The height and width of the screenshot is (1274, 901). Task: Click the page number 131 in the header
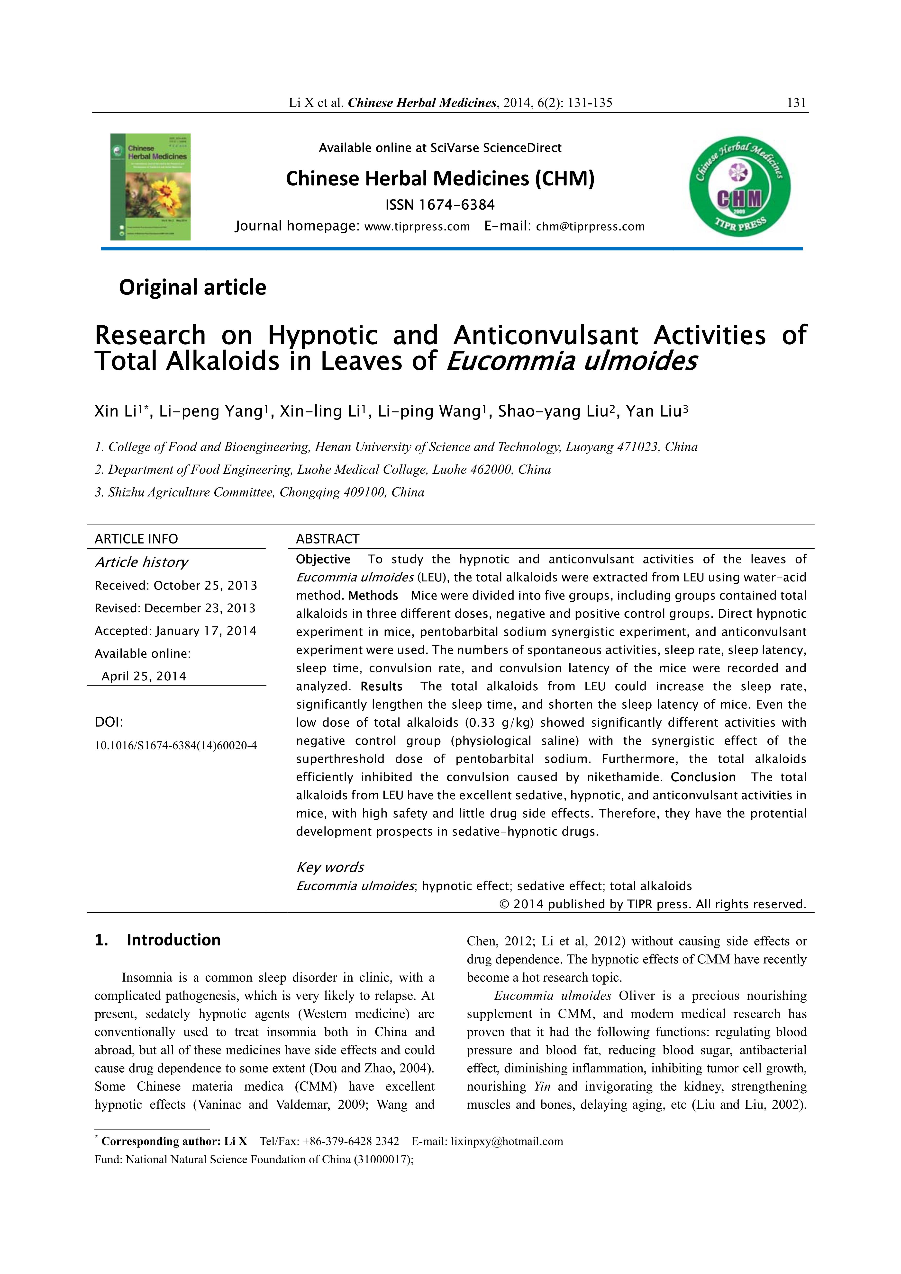(x=796, y=103)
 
